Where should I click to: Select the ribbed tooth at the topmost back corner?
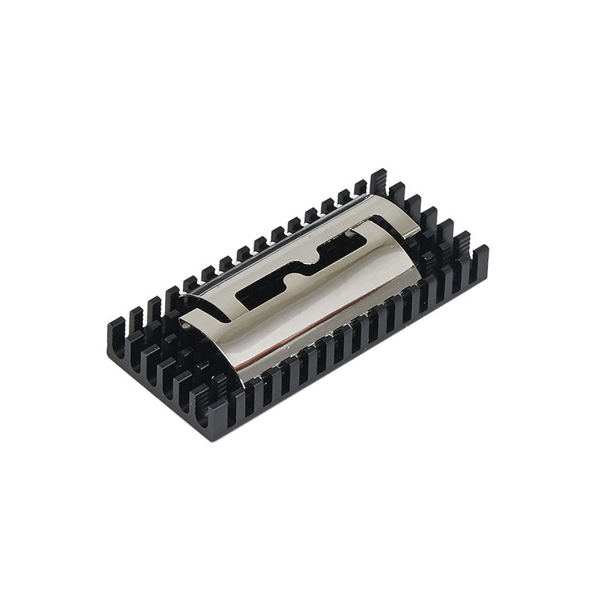(x=379, y=181)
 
